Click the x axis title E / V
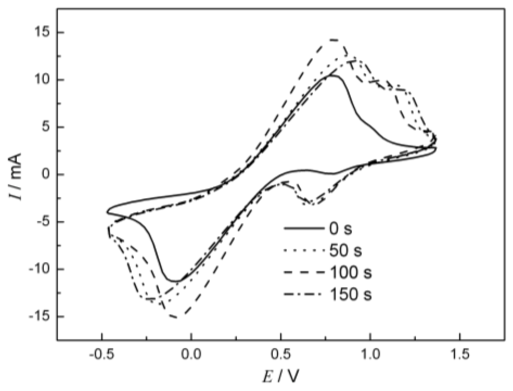click(x=281, y=377)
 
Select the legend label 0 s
click(x=341, y=229)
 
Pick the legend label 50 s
click(x=345, y=251)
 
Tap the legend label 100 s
click(x=350, y=273)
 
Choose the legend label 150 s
click(x=350, y=295)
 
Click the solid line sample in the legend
click(x=303, y=229)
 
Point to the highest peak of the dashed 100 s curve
click(x=334, y=40)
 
